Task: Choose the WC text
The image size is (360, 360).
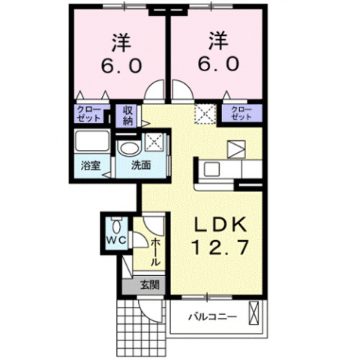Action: (x=115, y=240)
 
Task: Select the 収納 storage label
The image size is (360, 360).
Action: (x=128, y=115)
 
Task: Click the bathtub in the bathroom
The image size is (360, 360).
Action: (x=91, y=142)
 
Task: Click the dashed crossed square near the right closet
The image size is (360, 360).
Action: (x=205, y=114)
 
